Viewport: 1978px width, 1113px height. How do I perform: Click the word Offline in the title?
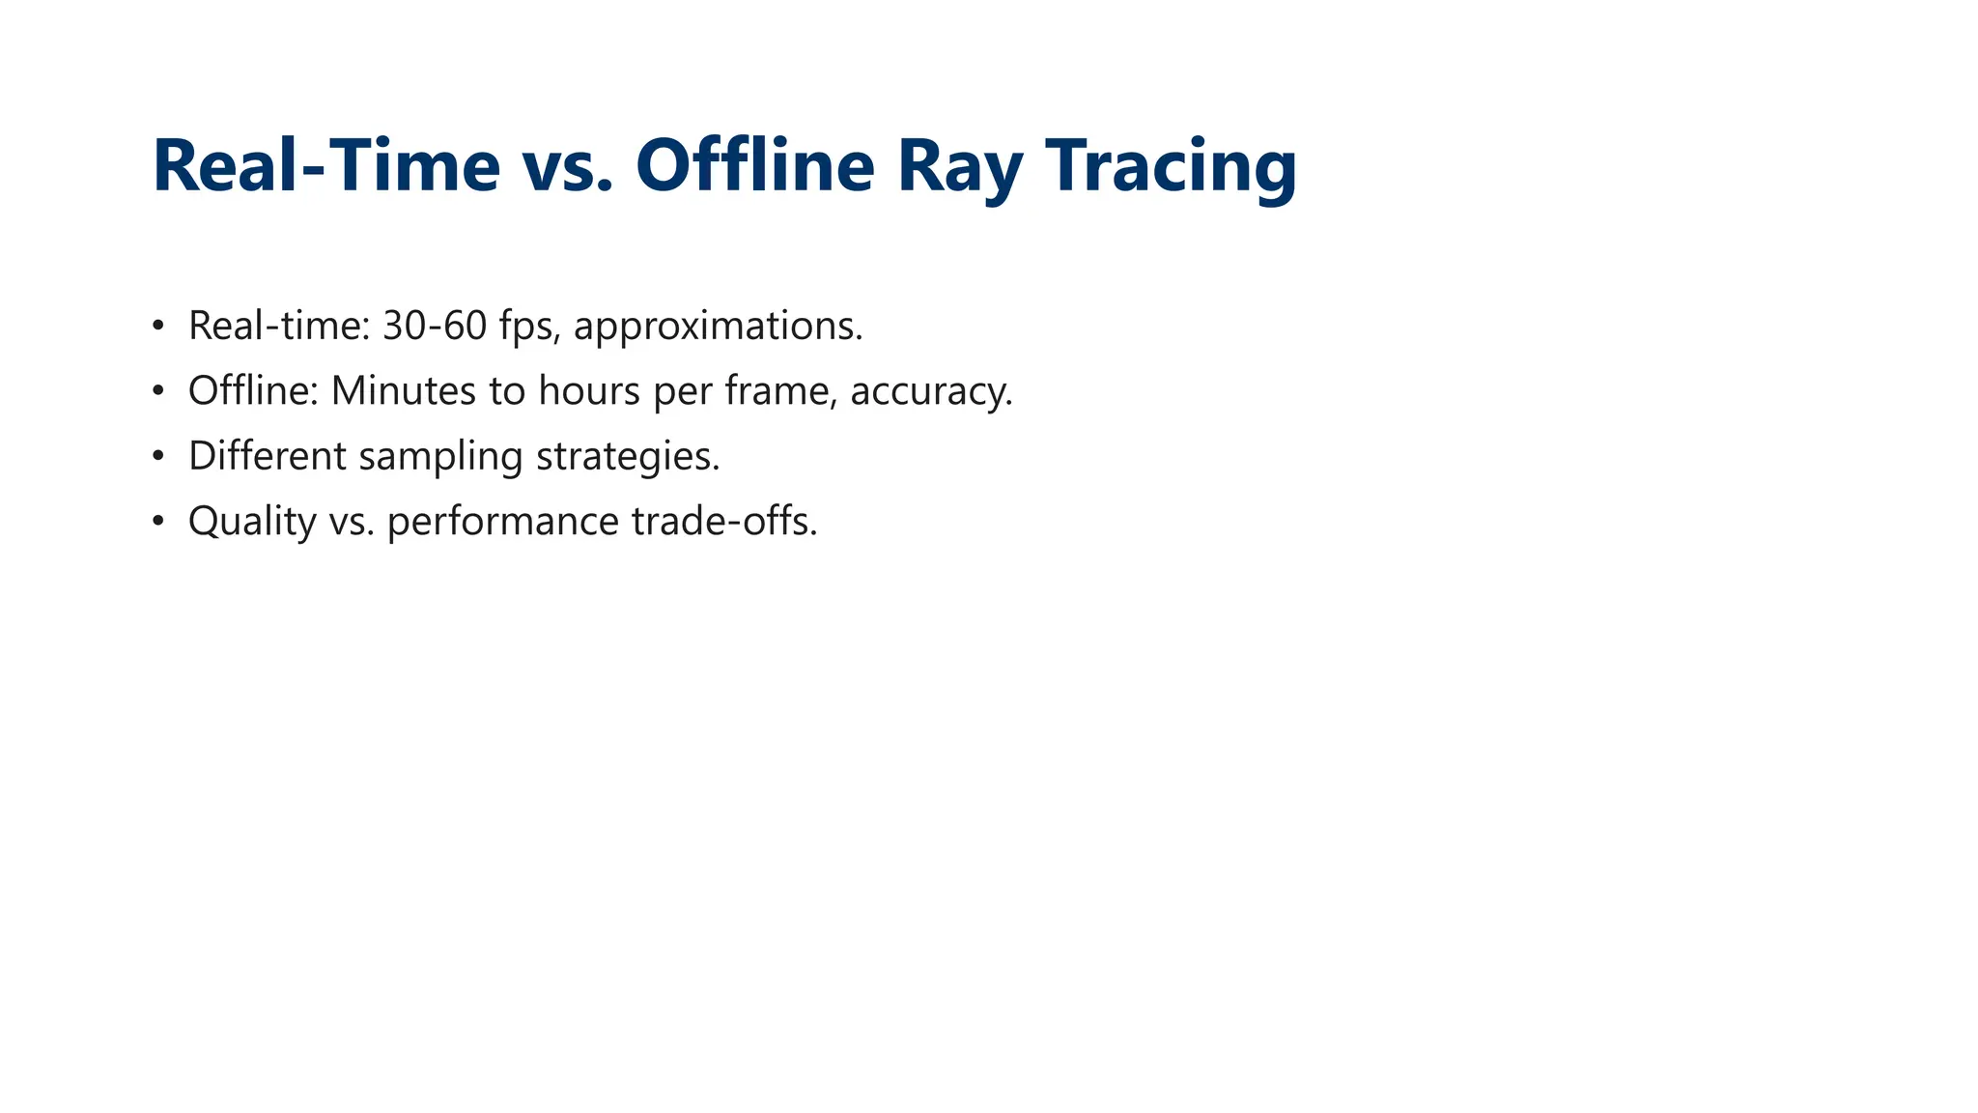(754, 166)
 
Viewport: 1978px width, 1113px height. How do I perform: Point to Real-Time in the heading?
(326, 166)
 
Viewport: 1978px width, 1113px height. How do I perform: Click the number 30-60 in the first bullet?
(435, 326)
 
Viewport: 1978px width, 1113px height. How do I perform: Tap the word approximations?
(718, 326)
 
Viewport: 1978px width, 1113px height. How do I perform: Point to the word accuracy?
(930, 391)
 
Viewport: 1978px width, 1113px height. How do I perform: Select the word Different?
(267, 456)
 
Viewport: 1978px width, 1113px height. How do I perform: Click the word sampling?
(439, 456)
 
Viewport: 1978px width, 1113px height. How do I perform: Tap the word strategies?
(628, 456)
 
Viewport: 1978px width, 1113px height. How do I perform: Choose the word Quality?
(252, 522)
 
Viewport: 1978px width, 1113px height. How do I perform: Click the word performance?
(503, 522)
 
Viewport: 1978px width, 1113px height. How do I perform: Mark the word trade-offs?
(724, 522)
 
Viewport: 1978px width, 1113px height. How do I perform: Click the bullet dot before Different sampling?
(158, 456)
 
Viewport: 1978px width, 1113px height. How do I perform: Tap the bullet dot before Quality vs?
(158, 522)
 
